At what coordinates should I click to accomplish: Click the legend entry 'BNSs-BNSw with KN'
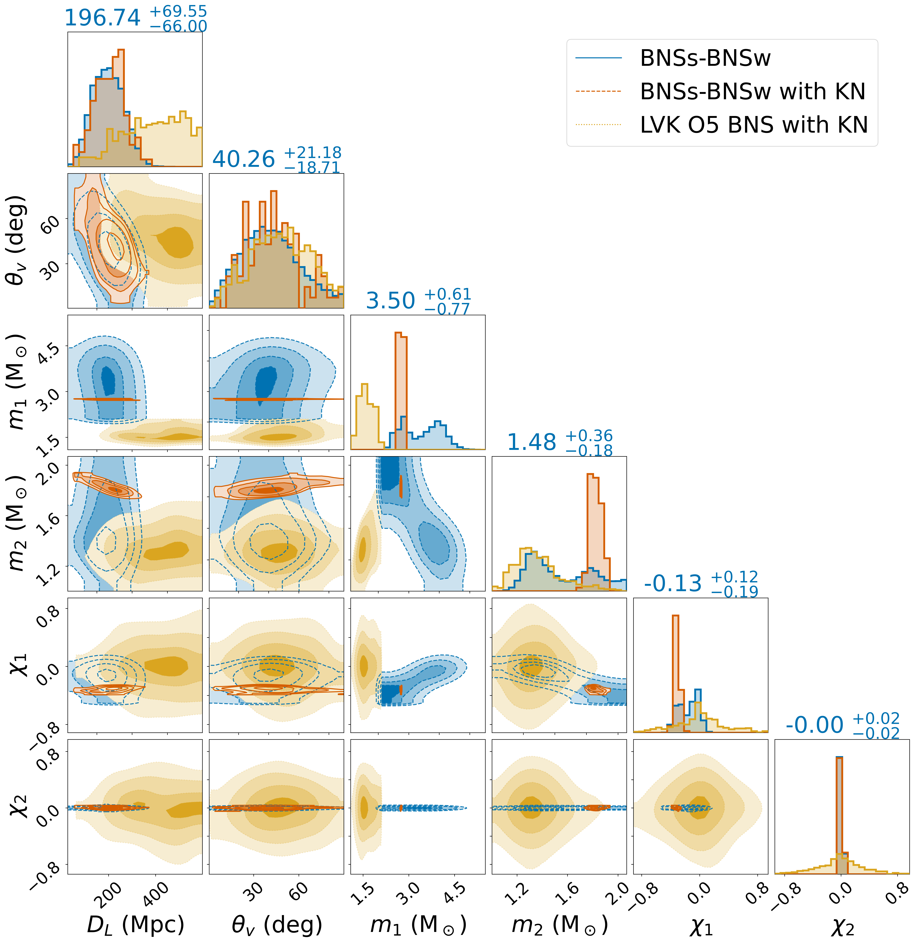[x=752, y=92]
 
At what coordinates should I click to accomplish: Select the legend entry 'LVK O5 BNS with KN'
[x=753, y=125]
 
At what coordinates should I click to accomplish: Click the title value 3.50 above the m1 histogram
[x=390, y=301]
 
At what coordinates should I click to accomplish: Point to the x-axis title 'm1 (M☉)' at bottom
[x=418, y=924]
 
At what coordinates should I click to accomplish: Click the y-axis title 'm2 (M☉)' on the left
[x=18, y=523]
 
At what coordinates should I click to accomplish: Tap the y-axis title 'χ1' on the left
[x=18, y=665]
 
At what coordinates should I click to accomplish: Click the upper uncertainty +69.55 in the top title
[x=178, y=11]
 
